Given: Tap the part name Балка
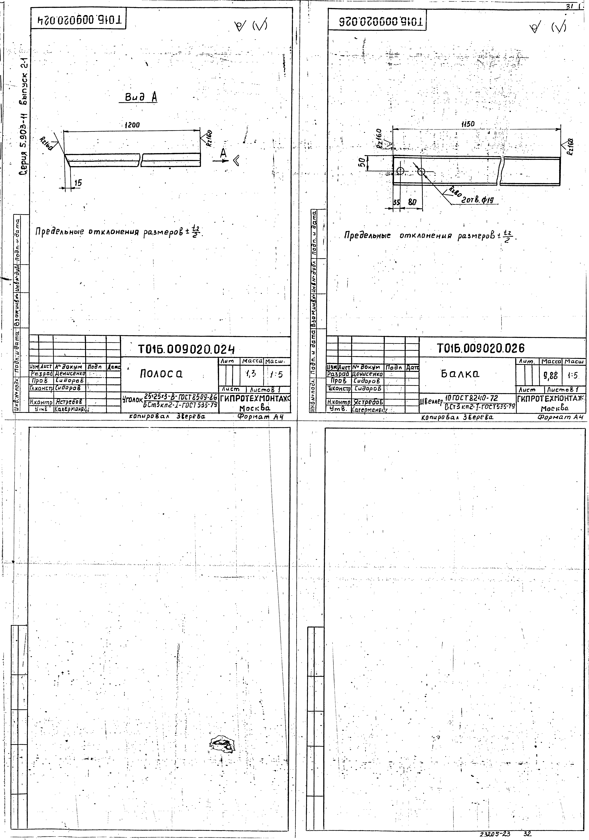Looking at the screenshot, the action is [x=460, y=374].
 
